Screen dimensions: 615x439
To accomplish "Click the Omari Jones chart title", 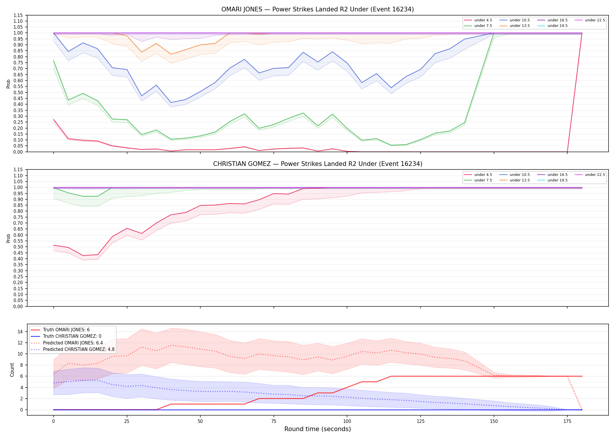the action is click(317, 9).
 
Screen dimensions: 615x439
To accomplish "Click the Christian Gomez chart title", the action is click(317, 164).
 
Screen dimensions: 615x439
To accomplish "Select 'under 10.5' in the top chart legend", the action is click(520, 20).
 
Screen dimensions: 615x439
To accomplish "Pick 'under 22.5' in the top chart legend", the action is click(595, 20).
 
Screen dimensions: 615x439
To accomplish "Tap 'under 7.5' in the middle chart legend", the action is click(483, 180).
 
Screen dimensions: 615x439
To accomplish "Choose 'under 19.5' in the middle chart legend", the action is click(557, 180).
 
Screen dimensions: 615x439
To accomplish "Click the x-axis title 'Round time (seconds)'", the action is click(317, 429).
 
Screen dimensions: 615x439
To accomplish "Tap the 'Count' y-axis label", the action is click(12, 370).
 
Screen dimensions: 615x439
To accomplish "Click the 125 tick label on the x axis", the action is click(420, 421).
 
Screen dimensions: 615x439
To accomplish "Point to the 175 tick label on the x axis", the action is click(567, 421).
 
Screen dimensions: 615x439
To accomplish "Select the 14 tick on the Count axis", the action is click(20, 332).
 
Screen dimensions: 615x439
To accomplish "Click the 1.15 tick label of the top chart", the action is click(18, 15).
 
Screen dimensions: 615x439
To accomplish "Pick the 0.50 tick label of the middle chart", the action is click(18, 247).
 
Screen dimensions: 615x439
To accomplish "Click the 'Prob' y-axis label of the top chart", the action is click(8, 84).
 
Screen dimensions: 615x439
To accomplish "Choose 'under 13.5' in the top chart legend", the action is click(520, 26).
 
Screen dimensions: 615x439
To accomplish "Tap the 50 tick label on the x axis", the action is click(200, 421).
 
